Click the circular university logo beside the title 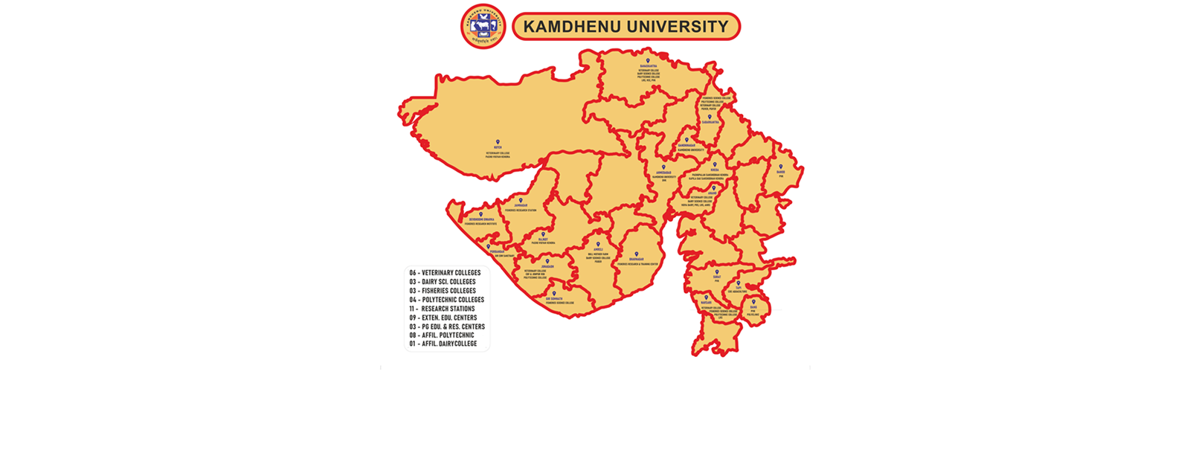tap(483, 26)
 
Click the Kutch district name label tap(498, 148)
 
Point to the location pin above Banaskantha tap(647, 61)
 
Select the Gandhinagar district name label tap(686, 145)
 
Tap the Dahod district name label tap(780, 172)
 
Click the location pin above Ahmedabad tap(663, 167)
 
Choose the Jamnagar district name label tap(520, 205)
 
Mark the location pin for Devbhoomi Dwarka tap(480, 214)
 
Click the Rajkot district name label tap(543, 239)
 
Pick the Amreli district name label tap(598, 249)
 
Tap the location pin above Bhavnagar tap(637, 254)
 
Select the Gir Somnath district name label tap(553, 298)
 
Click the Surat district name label tap(717, 277)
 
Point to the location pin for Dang tap(753, 302)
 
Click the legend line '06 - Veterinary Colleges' tap(445, 273)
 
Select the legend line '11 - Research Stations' tap(442, 309)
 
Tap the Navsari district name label tap(706, 303)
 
